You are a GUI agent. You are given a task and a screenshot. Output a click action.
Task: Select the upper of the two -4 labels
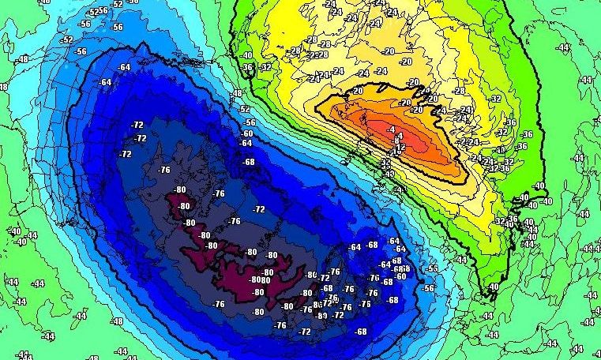coord(392,128)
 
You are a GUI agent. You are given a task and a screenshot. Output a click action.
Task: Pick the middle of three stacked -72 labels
coord(141,139)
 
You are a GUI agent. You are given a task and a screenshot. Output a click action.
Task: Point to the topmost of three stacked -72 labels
coord(137,126)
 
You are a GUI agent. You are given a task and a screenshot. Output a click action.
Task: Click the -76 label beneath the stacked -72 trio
coord(164,170)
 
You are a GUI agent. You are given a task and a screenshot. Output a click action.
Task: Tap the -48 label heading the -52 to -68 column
coord(236,94)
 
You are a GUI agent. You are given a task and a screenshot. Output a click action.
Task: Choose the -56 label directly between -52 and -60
coord(250,122)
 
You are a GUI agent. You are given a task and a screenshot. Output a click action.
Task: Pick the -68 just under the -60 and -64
coord(250,162)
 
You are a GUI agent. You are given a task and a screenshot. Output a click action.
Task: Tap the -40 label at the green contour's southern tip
coord(494,287)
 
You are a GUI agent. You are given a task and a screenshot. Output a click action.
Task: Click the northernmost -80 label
coord(180,189)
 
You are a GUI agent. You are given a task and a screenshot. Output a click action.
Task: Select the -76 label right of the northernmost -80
coord(219,193)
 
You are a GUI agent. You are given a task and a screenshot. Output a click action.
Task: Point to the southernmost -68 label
coord(362,332)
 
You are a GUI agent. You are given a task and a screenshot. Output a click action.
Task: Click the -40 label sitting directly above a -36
coord(247,55)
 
